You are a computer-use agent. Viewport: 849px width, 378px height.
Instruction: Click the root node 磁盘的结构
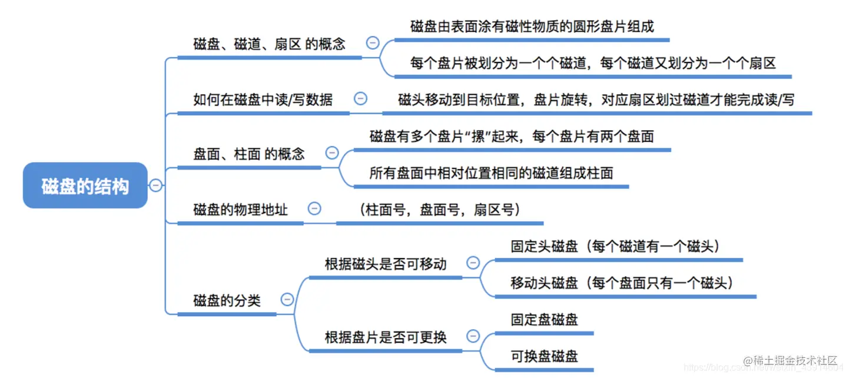click(x=85, y=185)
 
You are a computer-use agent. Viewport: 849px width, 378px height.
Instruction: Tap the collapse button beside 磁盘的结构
click(x=155, y=185)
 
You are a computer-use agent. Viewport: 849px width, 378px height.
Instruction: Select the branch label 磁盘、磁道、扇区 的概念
click(x=269, y=44)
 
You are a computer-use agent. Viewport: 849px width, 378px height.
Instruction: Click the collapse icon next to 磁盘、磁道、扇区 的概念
click(x=372, y=42)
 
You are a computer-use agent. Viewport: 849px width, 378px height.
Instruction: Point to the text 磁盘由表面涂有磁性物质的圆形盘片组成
click(x=532, y=26)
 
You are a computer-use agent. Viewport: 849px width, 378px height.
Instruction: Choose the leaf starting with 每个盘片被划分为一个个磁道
click(x=593, y=64)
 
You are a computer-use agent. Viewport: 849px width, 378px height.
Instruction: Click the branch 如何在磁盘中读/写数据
click(x=263, y=100)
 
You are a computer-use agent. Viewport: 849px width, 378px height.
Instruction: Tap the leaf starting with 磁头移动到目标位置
click(x=596, y=100)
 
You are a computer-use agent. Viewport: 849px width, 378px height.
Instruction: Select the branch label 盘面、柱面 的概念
click(x=249, y=154)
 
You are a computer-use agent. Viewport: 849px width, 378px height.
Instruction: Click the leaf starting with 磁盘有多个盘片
click(x=512, y=137)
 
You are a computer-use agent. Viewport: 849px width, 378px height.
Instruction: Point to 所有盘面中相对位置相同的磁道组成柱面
click(x=491, y=173)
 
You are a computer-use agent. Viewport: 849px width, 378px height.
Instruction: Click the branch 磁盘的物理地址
click(x=240, y=209)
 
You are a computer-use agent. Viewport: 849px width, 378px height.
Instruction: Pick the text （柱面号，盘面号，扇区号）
click(x=439, y=210)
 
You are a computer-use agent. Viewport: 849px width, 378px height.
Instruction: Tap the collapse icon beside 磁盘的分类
click(x=287, y=300)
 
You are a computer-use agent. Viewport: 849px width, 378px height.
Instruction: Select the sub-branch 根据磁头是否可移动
click(x=386, y=264)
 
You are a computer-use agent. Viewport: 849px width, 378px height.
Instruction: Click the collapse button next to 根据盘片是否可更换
click(x=473, y=336)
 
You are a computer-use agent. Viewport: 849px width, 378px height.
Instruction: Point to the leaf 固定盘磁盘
click(x=544, y=320)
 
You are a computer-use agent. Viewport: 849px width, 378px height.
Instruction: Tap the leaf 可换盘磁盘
click(x=544, y=356)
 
